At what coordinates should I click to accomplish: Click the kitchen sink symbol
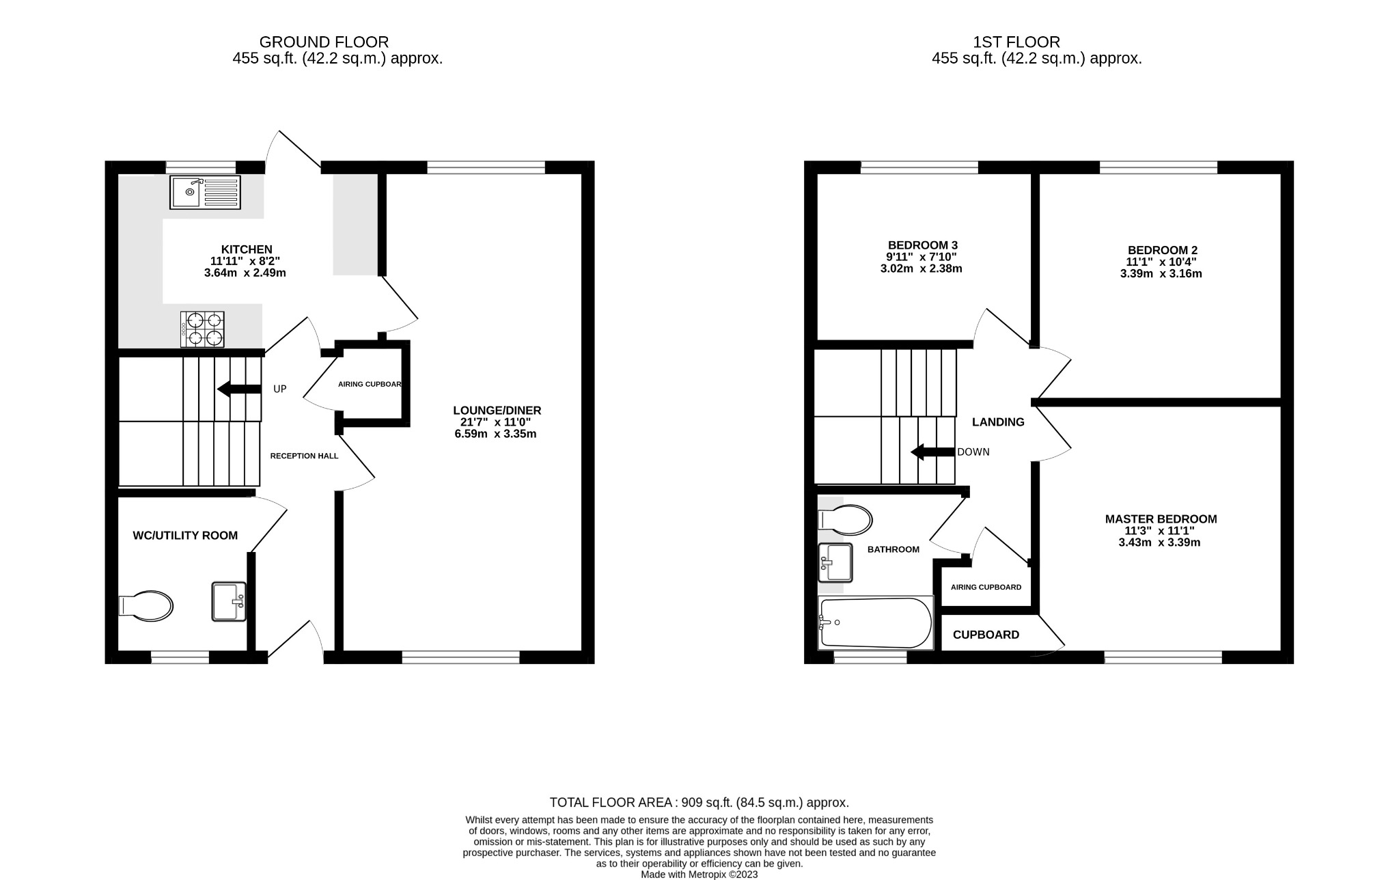click(x=206, y=192)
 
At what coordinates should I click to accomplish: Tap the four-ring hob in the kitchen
click(x=202, y=329)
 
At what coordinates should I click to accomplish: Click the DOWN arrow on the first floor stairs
click(x=932, y=452)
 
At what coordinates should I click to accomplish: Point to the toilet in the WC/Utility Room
click(x=146, y=606)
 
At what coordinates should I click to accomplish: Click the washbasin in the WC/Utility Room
click(x=229, y=601)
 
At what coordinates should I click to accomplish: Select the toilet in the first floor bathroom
click(x=846, y=520)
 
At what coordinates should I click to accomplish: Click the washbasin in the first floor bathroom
click(x=835, y=562)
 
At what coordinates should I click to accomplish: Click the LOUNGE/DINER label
click(x=497, y=411)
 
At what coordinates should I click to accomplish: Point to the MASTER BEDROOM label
click(x=1161, y=519)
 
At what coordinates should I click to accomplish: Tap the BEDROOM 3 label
click(x=922, y=245)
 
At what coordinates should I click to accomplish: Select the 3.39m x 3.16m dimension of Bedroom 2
click(x=1161, y=274)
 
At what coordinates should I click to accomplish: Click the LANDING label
click(x=998, y=422)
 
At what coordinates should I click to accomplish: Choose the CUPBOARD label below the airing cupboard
click(x=986, y=635)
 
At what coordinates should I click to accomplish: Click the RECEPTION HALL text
click(x=304, y=456)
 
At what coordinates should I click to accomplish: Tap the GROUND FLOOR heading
click(x=324, y=42)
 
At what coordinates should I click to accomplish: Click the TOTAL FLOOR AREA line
click(x=699, y=803)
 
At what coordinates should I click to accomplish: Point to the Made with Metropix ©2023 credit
click(x=699, y=875)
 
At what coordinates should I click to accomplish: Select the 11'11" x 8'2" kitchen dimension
click(x=245, y=261)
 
